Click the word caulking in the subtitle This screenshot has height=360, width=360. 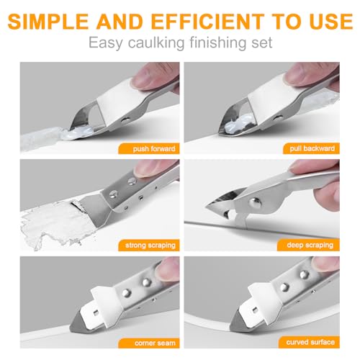click(157, 42)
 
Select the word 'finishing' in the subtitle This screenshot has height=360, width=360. click(215, 42)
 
